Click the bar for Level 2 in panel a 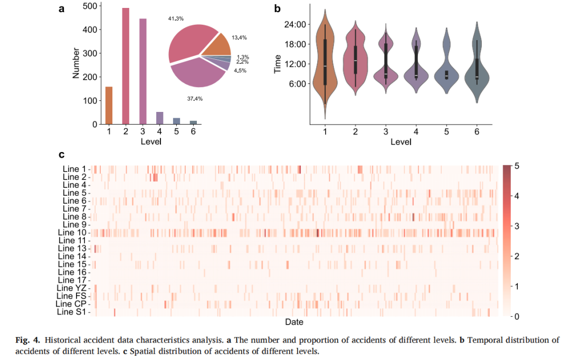[126, 66]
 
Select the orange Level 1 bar [109, 106]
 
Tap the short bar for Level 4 [159, 118]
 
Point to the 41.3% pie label [176, 18]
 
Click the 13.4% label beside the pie [239, 37]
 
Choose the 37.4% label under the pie [195, 99]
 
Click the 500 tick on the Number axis [90, 6]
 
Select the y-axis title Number [76, 63]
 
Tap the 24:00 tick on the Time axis [295, 24]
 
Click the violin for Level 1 [325, 64]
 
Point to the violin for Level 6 [477, 62]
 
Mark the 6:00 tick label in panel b [297, 83]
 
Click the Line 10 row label [72, 233]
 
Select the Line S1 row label [72, 312]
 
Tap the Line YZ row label [72, 288]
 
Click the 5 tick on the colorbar [517, 166]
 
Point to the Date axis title [294, 322]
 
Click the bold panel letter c [61, 155]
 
